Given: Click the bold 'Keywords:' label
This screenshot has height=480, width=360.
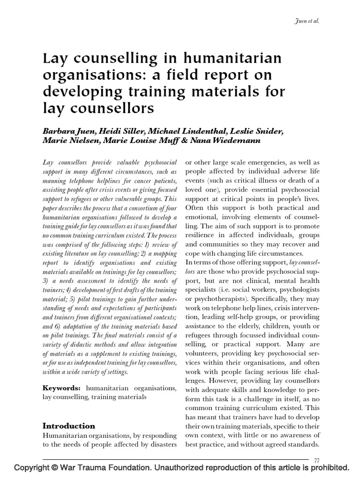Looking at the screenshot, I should tap(62, 388).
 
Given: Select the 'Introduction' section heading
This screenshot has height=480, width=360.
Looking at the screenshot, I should tap(69, 426).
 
